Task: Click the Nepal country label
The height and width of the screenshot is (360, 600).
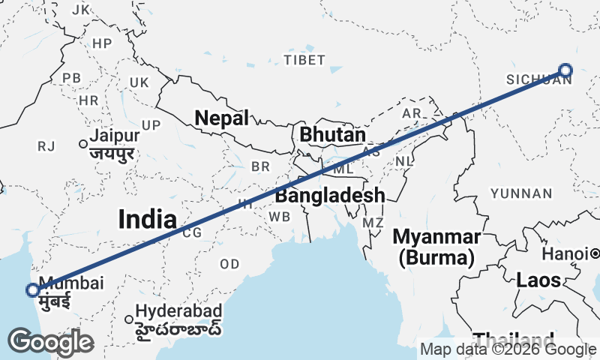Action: coord(221,118)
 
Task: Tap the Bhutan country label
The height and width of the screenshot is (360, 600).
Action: coord(332,135)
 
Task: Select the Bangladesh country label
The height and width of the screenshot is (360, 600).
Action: coord(330,196)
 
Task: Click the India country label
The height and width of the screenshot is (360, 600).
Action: coord(147,219)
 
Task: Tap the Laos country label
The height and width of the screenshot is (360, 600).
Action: coord(538,280)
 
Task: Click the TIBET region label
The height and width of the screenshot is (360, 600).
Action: coord(304,59)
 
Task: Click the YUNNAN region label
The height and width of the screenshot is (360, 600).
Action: coord(520,193)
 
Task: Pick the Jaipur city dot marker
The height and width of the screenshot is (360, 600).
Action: coord(83,143)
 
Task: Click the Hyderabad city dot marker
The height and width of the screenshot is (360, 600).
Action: coord(129,319)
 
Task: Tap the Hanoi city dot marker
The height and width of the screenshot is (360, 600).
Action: coord(594,254)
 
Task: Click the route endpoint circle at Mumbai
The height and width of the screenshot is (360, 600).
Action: coord(33,290)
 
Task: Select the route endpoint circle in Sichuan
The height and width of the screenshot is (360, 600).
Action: coord(565,70)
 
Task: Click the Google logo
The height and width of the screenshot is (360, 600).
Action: coord(50,342)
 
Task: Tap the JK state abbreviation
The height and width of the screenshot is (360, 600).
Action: coord(80,10)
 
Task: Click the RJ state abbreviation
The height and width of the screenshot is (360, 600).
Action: coord(46,146)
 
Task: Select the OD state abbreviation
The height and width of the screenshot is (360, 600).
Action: coord(229,264)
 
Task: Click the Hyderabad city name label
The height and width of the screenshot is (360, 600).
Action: coord(178,310)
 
